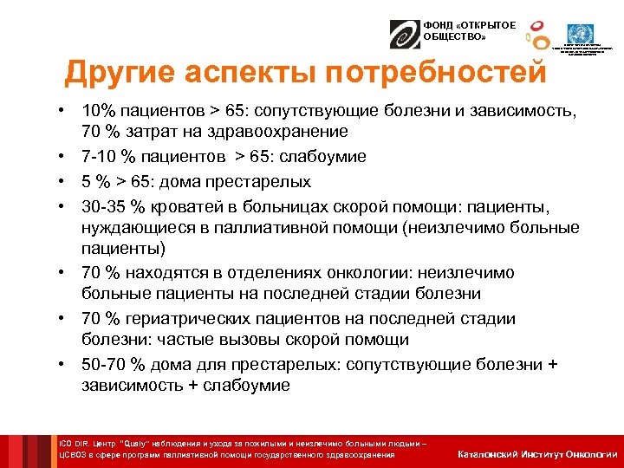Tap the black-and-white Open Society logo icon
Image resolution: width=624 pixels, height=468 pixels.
[x=404, y=33]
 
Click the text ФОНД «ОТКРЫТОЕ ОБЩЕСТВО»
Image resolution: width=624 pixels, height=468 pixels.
[x=458, y=32]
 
